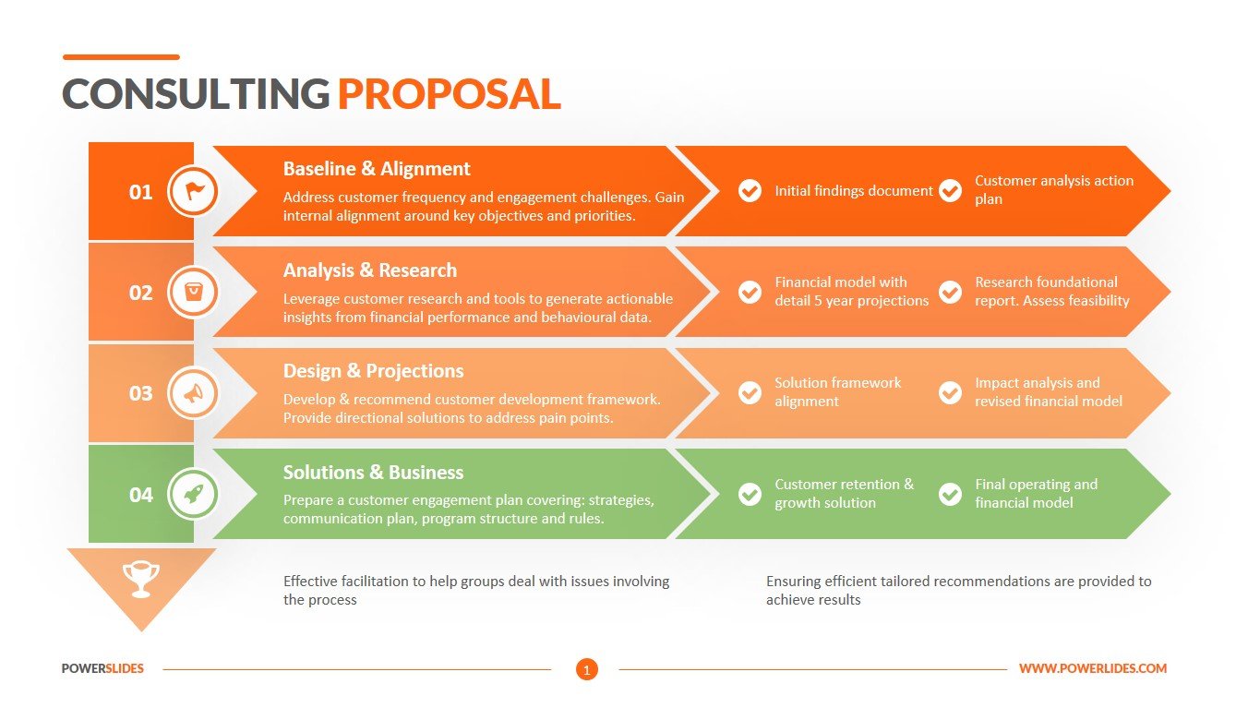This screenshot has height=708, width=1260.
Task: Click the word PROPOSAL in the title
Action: pyautogui.click(x=450, y=94)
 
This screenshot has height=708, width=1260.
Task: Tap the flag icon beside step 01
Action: pyautogui.click(x=194, y=192)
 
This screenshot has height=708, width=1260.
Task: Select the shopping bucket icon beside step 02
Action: pyautogui.click(x=194, y=293)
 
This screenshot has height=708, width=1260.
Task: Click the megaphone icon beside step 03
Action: pyautogui.click(x=194, y=393)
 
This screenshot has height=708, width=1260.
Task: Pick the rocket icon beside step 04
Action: pyautogui.click(x=194, y=494)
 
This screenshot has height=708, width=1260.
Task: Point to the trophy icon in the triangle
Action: pyautogui.click(x=141, y=579)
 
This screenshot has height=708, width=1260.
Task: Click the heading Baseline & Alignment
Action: pyautogui.click(x=377, y=169)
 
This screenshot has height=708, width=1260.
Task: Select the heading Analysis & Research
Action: pyautogui.click(x=369, y=270)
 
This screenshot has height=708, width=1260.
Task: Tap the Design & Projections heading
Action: pyautogui.click(x=373, y=371)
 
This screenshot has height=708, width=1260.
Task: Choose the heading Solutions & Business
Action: pyautogui.click(x=373, y=473)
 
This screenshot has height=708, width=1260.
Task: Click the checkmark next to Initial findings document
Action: pyautogui.click(x=750, y=191)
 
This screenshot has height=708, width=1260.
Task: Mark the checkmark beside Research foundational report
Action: pyautogui.click(x=950, y=292)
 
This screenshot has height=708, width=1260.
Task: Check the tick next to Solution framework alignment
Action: pyautogui.click(x=750, y=392)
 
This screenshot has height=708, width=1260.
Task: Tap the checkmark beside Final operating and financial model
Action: pyautogui.click(x=950, y=494)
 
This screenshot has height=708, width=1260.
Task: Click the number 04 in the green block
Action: pyautogui.click(x=140, y=495)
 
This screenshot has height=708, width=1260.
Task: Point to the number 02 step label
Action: pyautogui.click(x=140, y=293)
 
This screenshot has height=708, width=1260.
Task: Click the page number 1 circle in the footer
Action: pyautogui.click(x=587, y=669)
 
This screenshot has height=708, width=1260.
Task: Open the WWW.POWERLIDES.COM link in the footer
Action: pyautogui.click(x=1093, y=668)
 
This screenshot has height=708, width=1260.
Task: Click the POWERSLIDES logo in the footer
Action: pyautogui.click(x=102, y=668)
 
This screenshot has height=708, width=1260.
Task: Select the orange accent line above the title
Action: pyautogui.click(x=121, y=57)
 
